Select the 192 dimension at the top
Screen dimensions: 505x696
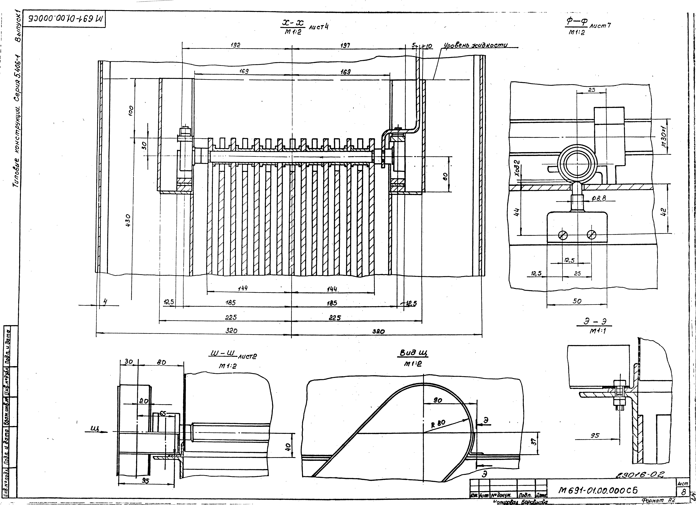235,45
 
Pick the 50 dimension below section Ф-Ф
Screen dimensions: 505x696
577,301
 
